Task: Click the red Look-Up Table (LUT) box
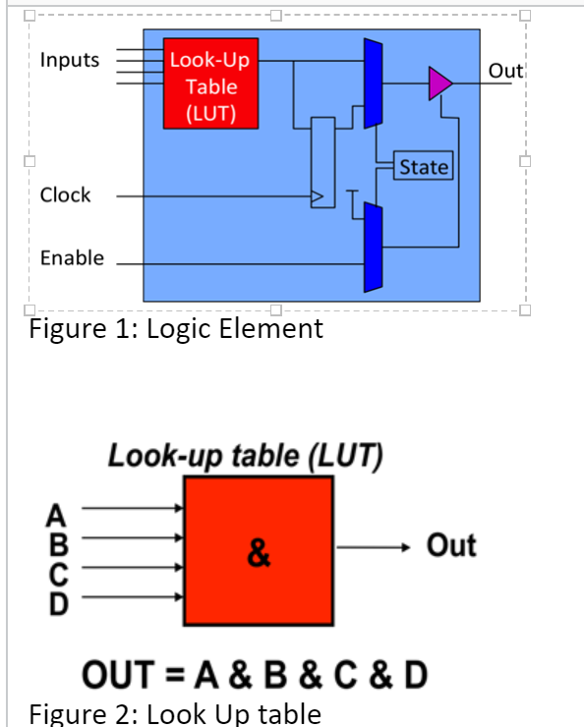(x=211, y=86)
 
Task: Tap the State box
(x=423, y=167)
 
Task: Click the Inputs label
(x=70, y=60)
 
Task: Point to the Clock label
(x=65, y=195)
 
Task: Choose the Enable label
(x=72, y=257)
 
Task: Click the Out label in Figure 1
(x=506, y=71)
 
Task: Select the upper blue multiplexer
(x=373, y=84)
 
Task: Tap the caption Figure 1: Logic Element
(x=176, y=328)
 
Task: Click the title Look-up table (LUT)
(x=245, y=457)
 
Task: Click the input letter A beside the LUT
(x=57, y=511)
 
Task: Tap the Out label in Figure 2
(x=451, y=545)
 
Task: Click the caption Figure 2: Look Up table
(x=175, y=713)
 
